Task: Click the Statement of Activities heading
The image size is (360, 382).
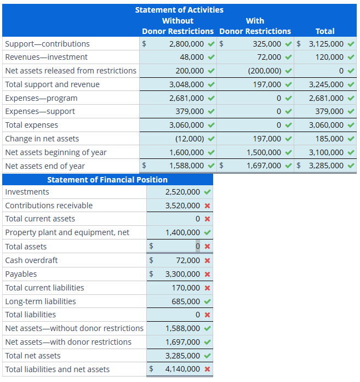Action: (179, 10)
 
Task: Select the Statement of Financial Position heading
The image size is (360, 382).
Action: (107, 180)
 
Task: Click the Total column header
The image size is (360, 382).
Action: (325, 31)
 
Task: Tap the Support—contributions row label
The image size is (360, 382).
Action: (47, 44)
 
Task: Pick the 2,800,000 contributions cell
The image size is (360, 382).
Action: (186, 44)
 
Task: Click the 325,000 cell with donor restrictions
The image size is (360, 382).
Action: (267, 44)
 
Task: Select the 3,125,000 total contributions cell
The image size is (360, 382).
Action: (326, 44)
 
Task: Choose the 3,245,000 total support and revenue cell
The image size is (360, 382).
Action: (326, 84)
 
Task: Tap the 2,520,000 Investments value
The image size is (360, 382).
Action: (182, 192)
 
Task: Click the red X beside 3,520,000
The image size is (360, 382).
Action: (207, 206)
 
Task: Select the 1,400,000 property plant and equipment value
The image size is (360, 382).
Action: (182, 232)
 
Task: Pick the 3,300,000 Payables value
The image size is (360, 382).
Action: (182, 274)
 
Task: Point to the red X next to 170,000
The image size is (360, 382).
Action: (207, 288)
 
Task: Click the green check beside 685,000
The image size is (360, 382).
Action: (207, 301)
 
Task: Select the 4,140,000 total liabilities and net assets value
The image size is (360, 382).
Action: (182, 369)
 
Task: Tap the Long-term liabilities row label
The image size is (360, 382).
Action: (41, 301)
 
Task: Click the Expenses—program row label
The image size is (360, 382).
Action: (41, 98)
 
